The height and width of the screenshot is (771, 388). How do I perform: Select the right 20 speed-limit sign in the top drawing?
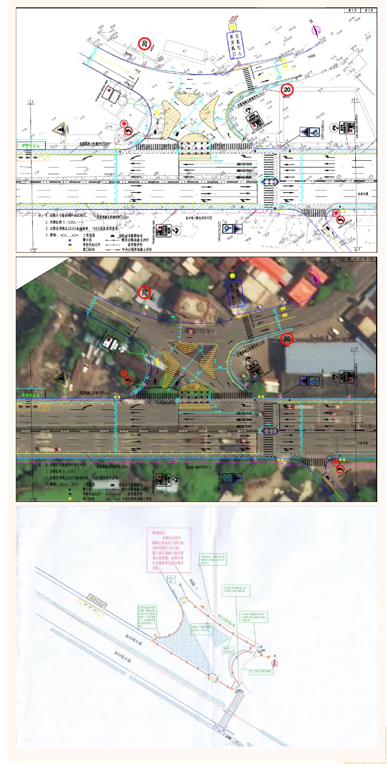click(288, 89)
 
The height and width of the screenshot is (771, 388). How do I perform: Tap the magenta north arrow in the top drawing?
click(315, 29)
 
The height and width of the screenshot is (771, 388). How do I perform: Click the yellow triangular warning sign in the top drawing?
click(59, 130)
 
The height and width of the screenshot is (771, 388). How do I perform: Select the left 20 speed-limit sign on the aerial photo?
click(145, 292)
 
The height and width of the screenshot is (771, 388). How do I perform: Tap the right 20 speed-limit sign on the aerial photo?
click(287, 339)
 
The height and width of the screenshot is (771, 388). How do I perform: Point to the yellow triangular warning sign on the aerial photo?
click(58, 378)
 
